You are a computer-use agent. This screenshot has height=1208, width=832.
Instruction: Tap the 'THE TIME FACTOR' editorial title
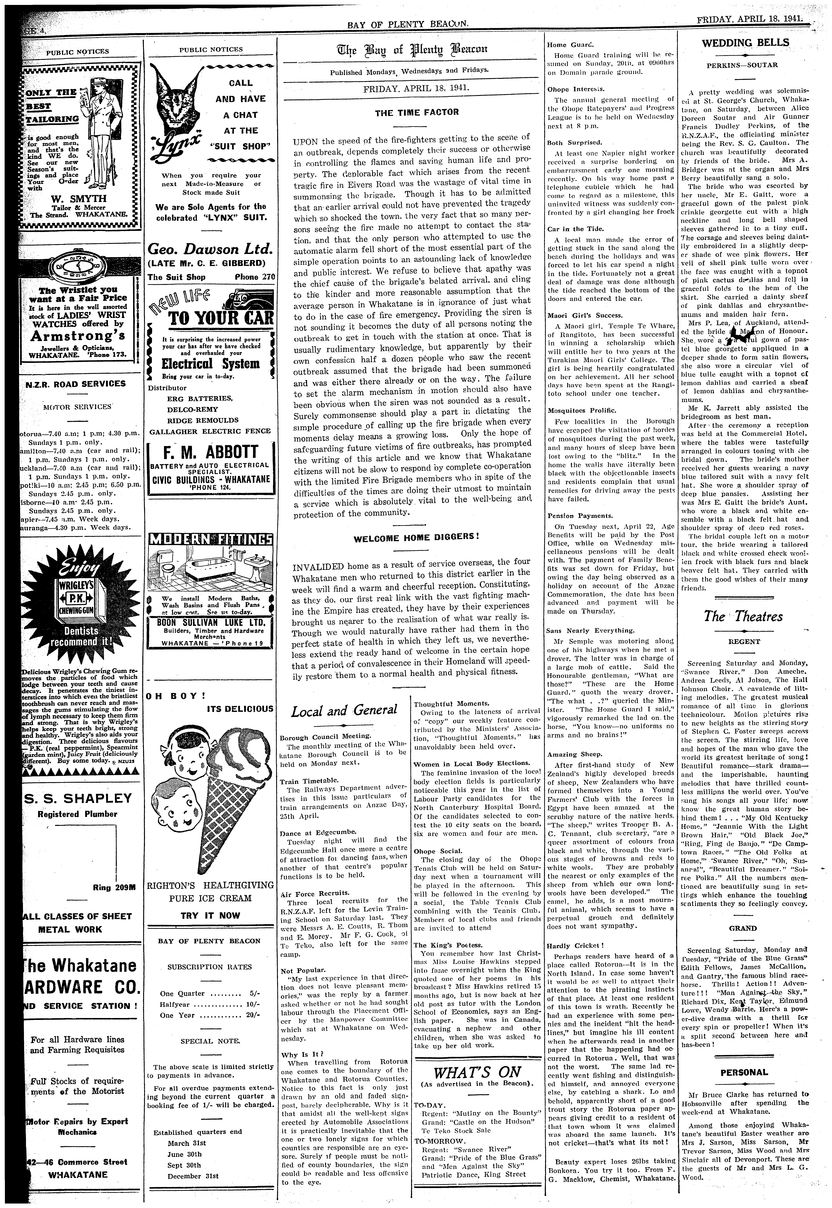point(417,112)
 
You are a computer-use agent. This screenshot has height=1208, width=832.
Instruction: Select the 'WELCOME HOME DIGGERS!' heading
point(416,536)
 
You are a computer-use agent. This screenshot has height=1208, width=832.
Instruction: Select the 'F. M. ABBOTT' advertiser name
point(211,452)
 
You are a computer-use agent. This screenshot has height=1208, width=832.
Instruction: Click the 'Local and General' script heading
point(344,710)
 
